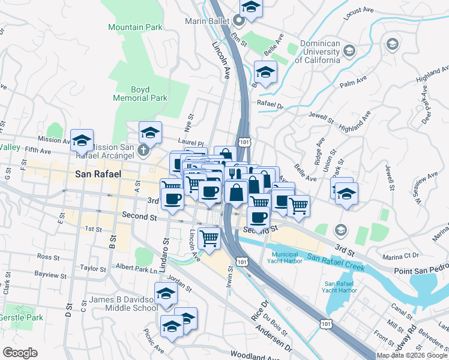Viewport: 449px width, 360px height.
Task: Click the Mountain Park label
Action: pyautogui.click(x=135, y=28)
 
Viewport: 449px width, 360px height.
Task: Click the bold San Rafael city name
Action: pyautogui.click(x=98, y=174)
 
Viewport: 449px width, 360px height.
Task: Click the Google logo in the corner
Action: pyautogui.click(x=20, y=353)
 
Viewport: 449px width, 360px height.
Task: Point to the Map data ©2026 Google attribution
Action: pyautogui.click(x=411, y=355)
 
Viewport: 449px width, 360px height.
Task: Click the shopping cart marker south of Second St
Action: pyautogui.click(x=209, y=238)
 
